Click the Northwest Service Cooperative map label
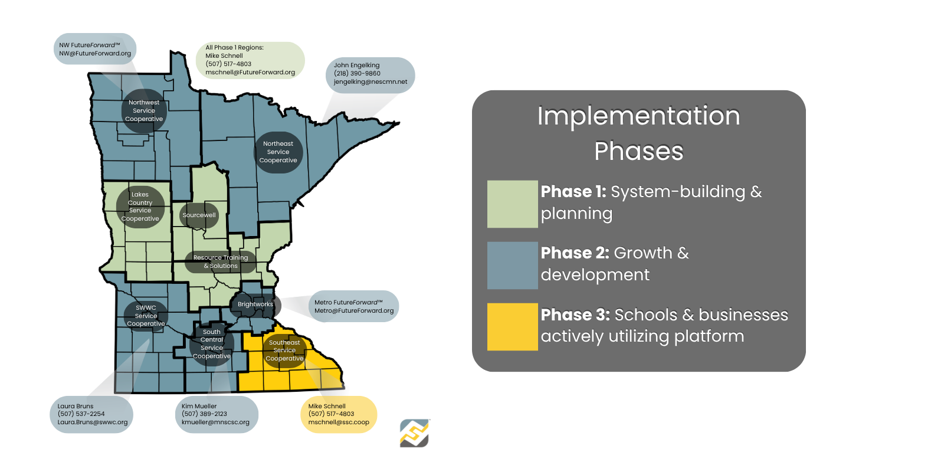(x=144, y=111)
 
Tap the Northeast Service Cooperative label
(x=278, y=152)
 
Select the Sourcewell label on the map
(x=199, y=215)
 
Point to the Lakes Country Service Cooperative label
(x=140, y=207)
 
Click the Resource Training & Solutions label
(x=221, y=262)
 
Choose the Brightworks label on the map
(x=255, y=304)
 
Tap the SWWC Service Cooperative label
(x=146, y=316)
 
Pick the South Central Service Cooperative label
(x=212, y=344)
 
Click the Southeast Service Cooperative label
(x=284, y=350)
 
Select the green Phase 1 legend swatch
(x=513, y=204)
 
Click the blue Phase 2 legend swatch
(x=513, y=265)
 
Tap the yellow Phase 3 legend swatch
(x=513, y=327)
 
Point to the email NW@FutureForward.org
(x=95, y=54)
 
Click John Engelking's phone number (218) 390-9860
(x=357, y=73)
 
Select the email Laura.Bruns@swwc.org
(x=92, y=422)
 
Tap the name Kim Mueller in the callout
(x=199, y=406)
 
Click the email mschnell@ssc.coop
(x=339, y=422)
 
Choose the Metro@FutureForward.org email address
(x=354, y=311)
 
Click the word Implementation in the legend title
(x=639, y=116)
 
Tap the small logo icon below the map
(x=415, y=433)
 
